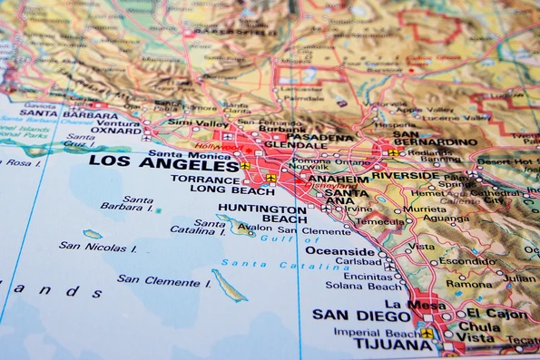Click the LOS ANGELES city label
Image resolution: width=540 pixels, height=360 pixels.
click(x=163, y=165)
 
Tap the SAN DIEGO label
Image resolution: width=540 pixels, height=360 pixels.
click(x=361, y=316)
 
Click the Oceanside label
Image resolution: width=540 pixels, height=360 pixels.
click(x=339, y=250)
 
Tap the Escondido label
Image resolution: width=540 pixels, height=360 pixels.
click(x=466, y=261)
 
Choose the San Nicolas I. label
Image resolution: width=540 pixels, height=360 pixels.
click(x=98, y=246)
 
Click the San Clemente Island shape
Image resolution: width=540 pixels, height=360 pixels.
click(x=229, y=285)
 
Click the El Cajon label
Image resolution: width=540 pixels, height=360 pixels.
click(x=497, y=313)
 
